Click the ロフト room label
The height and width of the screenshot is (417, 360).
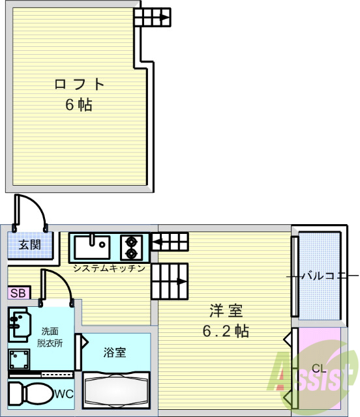[x=79, y=84]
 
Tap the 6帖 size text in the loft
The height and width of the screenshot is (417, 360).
[x=78, y=105]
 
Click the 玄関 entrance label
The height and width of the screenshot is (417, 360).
[x=29, y=245]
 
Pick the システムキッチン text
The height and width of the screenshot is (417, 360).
[x=108, y=268]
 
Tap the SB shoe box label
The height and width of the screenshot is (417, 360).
[x=18, y=293]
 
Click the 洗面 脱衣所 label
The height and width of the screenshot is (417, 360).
[x=50, y=337]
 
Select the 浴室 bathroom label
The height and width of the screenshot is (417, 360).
[x=115, y=352]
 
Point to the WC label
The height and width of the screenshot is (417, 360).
[x=63, y=394]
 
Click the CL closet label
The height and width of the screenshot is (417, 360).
[x=318, y=369]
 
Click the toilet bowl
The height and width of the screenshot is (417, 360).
[x=29, y=394]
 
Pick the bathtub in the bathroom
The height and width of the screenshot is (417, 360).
[x=116, y=390]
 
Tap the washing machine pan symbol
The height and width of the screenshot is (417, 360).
[x=19, y=359]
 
